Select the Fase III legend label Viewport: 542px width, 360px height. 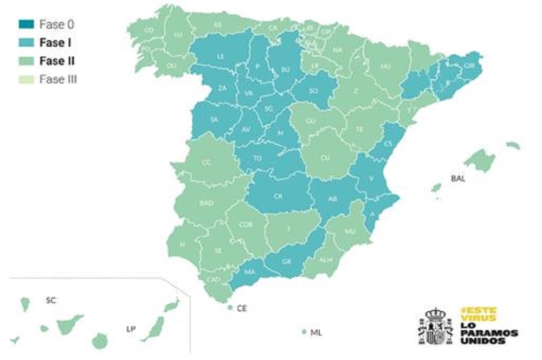(x=58, y=79)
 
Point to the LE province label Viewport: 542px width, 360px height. (x=221, y=56)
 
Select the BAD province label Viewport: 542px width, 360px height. (x=207, y=203)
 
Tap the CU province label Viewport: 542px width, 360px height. (x=325, y=158)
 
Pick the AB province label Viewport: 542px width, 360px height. (x=333, y=199)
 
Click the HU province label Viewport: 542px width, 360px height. (x=386, y=67)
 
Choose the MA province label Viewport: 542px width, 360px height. (x=250, y=272)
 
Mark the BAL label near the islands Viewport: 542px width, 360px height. (x=459, y=177)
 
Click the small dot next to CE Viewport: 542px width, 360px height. (x=230, y=308)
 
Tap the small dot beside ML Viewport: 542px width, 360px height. (x=304, y=332)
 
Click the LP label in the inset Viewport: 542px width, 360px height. (x=131, y=329)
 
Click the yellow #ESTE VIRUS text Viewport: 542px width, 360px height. (x=478, y=314)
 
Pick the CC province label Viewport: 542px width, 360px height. (x=207, y=162)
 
